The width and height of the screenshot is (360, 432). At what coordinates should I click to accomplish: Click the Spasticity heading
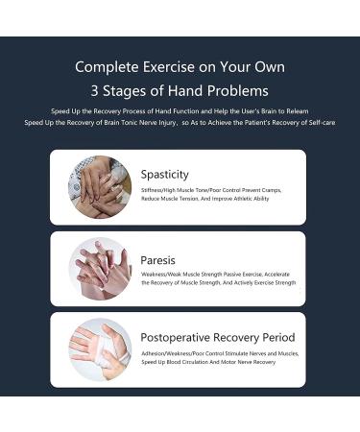pyautogui.click(x=164, y=175)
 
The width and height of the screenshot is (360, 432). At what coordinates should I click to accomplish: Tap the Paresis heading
pyautogui.click(x=157, y=260)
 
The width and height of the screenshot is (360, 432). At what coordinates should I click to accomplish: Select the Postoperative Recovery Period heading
pyautogui.click(x=217, y=338)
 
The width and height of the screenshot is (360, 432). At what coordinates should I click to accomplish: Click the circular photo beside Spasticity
pyautogui.click(x=99, y=186)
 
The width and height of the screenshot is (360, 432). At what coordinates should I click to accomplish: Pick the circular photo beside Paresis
pyautogui.click(x=99, y=268)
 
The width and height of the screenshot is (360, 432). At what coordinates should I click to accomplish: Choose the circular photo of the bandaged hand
pyautogui.click(x=99, y=348)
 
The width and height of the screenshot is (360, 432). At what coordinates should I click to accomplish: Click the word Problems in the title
pyautogui.click(x=238, y=92)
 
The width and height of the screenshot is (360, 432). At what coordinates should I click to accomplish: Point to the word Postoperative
pyautogui.click(x=176, y=338)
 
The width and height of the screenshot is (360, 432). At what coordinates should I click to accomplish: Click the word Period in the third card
pyautogui.click(x=276, y=338)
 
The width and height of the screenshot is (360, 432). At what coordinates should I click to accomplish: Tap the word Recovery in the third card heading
pyautogui.click(x=234, y=338)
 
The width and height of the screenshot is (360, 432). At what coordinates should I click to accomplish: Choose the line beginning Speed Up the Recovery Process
pyautogui.click(x=180, y=111)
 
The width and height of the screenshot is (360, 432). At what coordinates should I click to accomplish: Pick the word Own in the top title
pyautogui.click(x=268, y=67)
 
